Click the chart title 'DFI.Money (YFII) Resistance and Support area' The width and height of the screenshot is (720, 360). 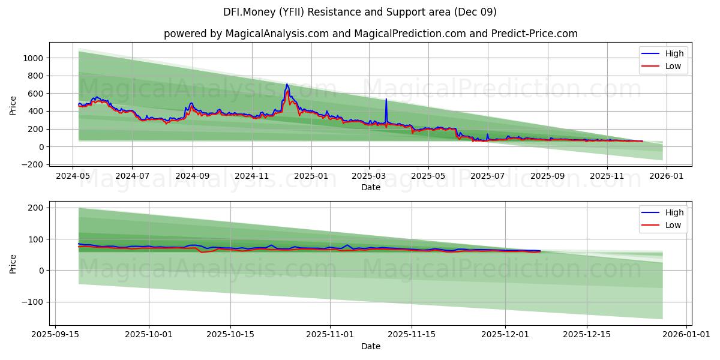coord(359,12)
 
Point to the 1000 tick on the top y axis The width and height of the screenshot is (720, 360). coord(34,58)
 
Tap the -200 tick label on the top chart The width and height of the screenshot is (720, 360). coord(32,164)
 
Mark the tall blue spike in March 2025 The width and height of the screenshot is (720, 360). coord(386,100)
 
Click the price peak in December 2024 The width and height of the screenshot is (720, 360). coord(287,85)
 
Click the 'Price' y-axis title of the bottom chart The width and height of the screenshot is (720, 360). coord(13,264)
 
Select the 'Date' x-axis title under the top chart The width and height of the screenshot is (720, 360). coord(370,187)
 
